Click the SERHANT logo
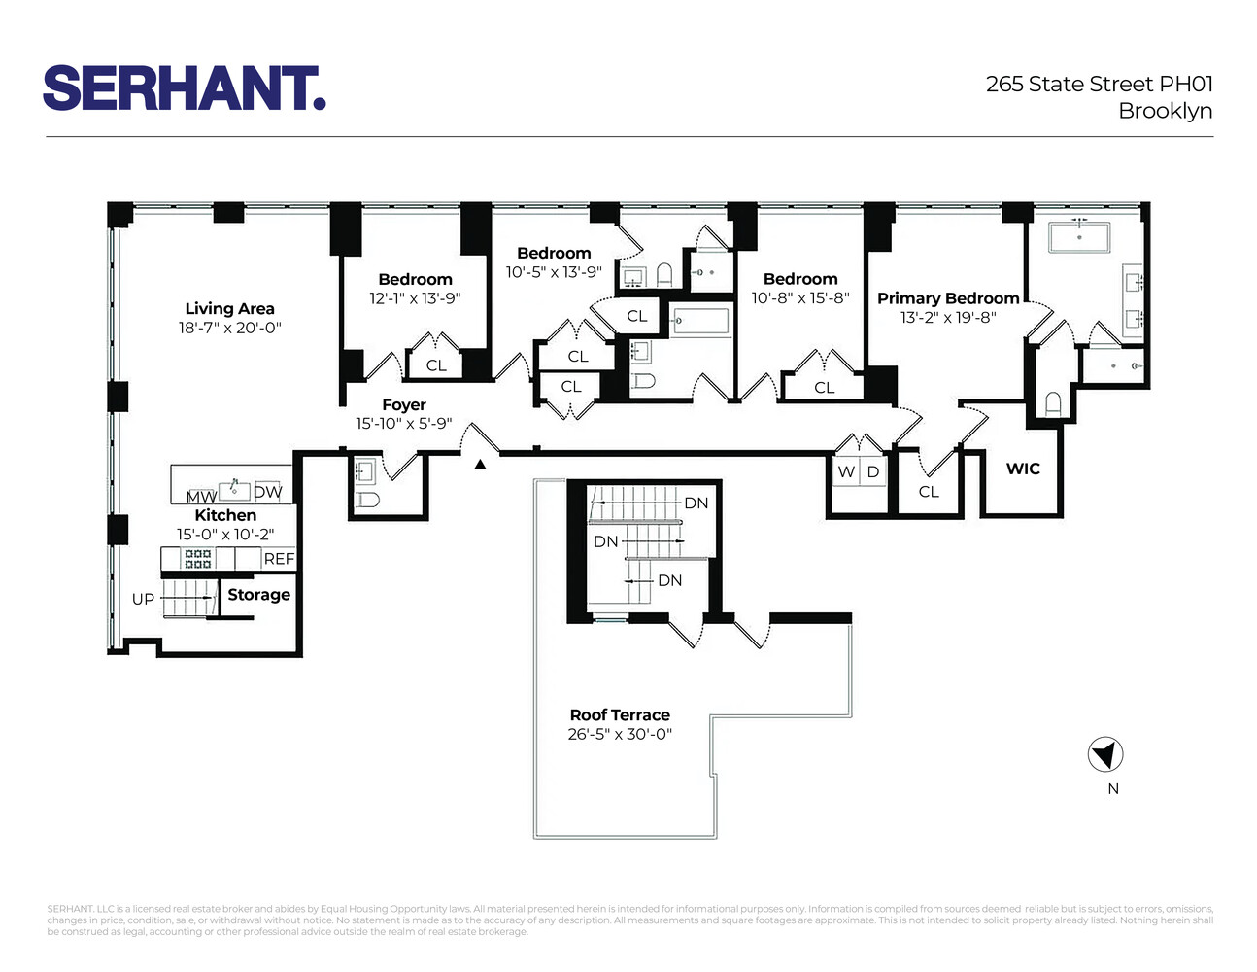coord(184,88)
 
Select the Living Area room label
coord(229,309)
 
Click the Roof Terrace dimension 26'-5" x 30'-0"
coord(620,735)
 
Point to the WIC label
coord(1023,469)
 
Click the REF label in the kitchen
coord(279,559)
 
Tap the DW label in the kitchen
coord(268,492)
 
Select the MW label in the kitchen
coord(201,497)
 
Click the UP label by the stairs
coord(143,599)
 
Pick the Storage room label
coord(258,595)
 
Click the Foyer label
coord(404,405)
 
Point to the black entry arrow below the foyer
coord(480,465)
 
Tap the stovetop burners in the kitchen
coord(198,559)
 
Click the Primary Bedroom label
coord(948,298)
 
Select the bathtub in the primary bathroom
coord(1079,236)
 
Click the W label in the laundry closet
coord(846,471)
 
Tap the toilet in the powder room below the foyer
coord(367,501)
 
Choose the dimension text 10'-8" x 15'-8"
coord(800,298)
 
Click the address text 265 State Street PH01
coord(1099,85)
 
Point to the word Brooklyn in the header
coord(1165,111)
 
